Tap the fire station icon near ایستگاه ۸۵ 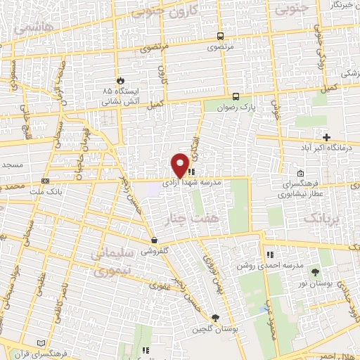pyautogui.click(x=120, y=81)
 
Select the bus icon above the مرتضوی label pyautogui.click(x=221, y=37)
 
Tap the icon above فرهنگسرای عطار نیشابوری pyautogui.click(x=301, y=174)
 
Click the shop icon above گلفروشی pyautogui.click(x=153, y=240)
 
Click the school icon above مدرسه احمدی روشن pyautogui.click(x=269, y=255)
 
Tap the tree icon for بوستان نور pyautogui.click(x=314, y=271)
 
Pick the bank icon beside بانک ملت pyautogui.click(x=45, y=181)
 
